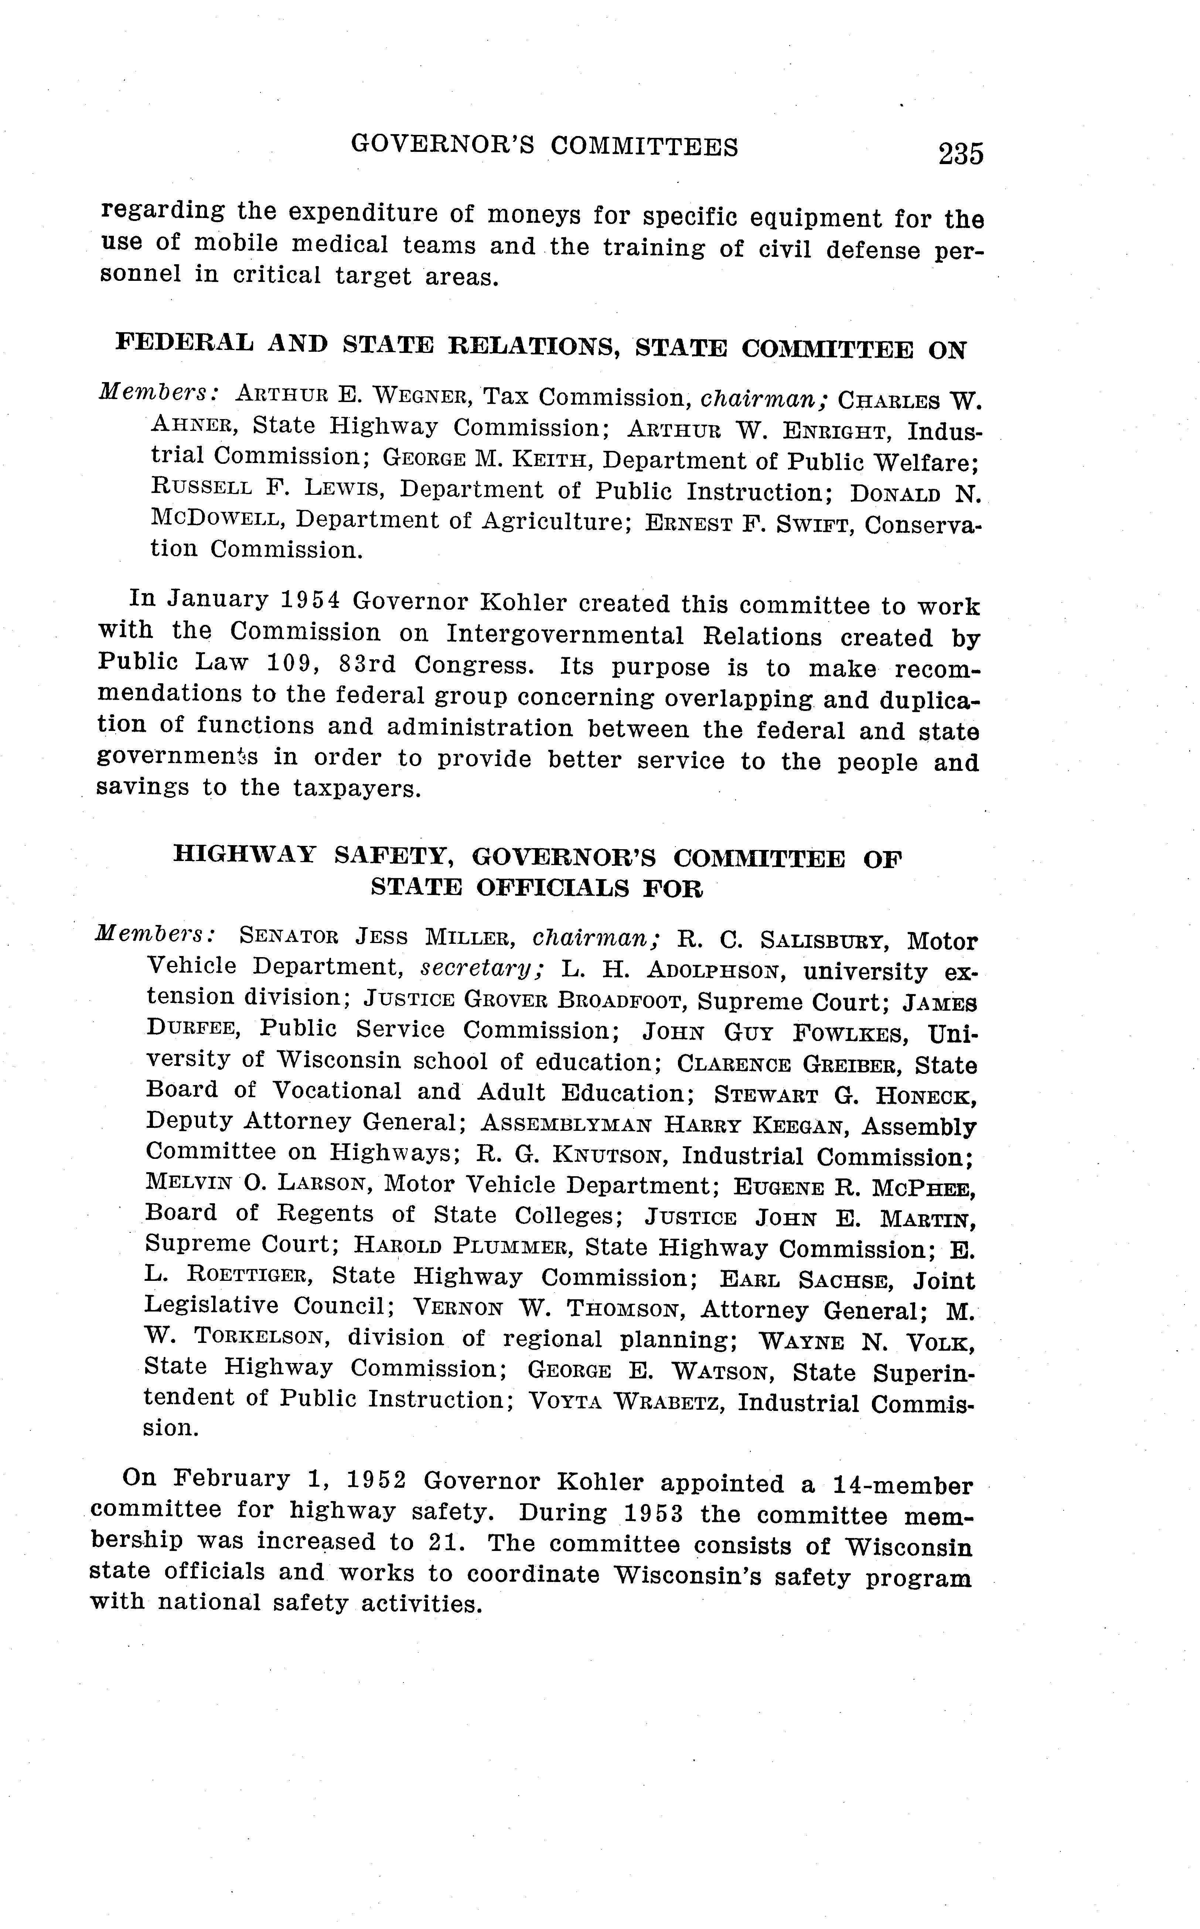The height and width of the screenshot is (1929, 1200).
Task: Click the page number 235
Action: pyautogui.click(x=960, y=153)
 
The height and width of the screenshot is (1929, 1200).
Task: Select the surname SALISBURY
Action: pyautogui.click(x=821, y=942)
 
